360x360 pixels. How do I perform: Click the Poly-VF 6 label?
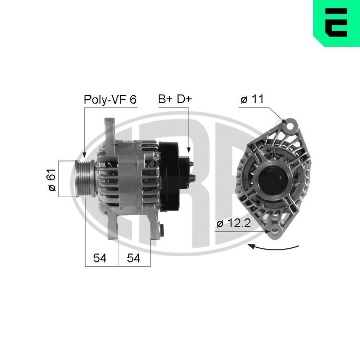(110, 99)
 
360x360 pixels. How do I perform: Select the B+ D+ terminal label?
(175, 99)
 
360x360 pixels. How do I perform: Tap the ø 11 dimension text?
(252, 100)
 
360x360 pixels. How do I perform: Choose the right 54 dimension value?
(134, 258)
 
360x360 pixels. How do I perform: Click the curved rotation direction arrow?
(274, 248)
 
